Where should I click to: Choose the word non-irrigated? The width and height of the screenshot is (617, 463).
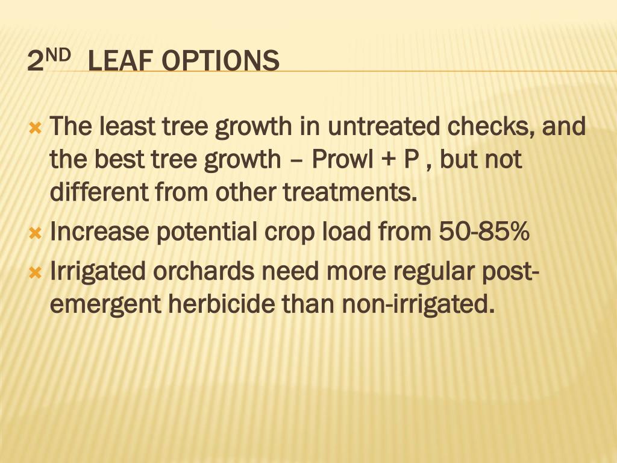pyautogui.click(x=416, y=304)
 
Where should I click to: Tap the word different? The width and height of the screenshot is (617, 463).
pyautogui.click(x=99, y=192)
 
